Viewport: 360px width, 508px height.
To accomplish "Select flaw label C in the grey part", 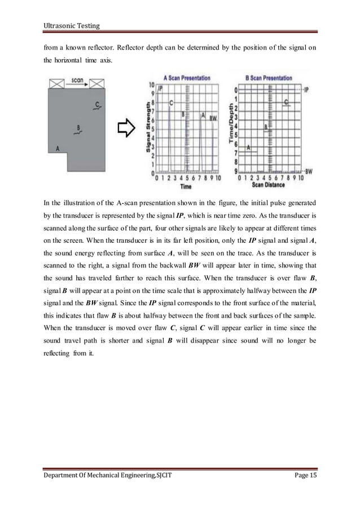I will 98,105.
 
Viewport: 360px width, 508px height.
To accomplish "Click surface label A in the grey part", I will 58,148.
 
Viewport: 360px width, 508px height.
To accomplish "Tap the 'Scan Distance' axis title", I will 269,184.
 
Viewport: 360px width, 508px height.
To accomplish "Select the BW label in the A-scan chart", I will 213,118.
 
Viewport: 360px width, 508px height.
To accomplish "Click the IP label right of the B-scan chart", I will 306,90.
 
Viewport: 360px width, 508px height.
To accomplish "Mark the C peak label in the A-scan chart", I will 171,103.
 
